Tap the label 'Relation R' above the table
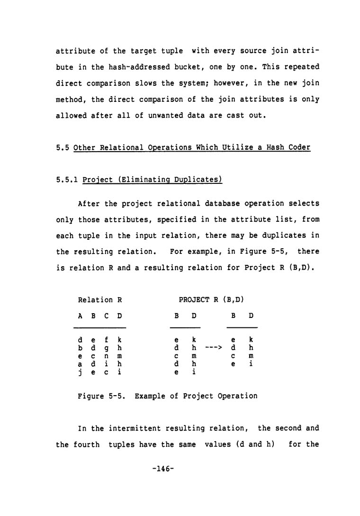(x=100, y=300)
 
